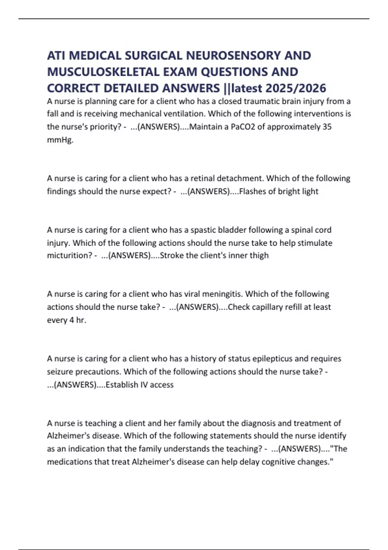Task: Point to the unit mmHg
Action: click(x=60, y=140)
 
